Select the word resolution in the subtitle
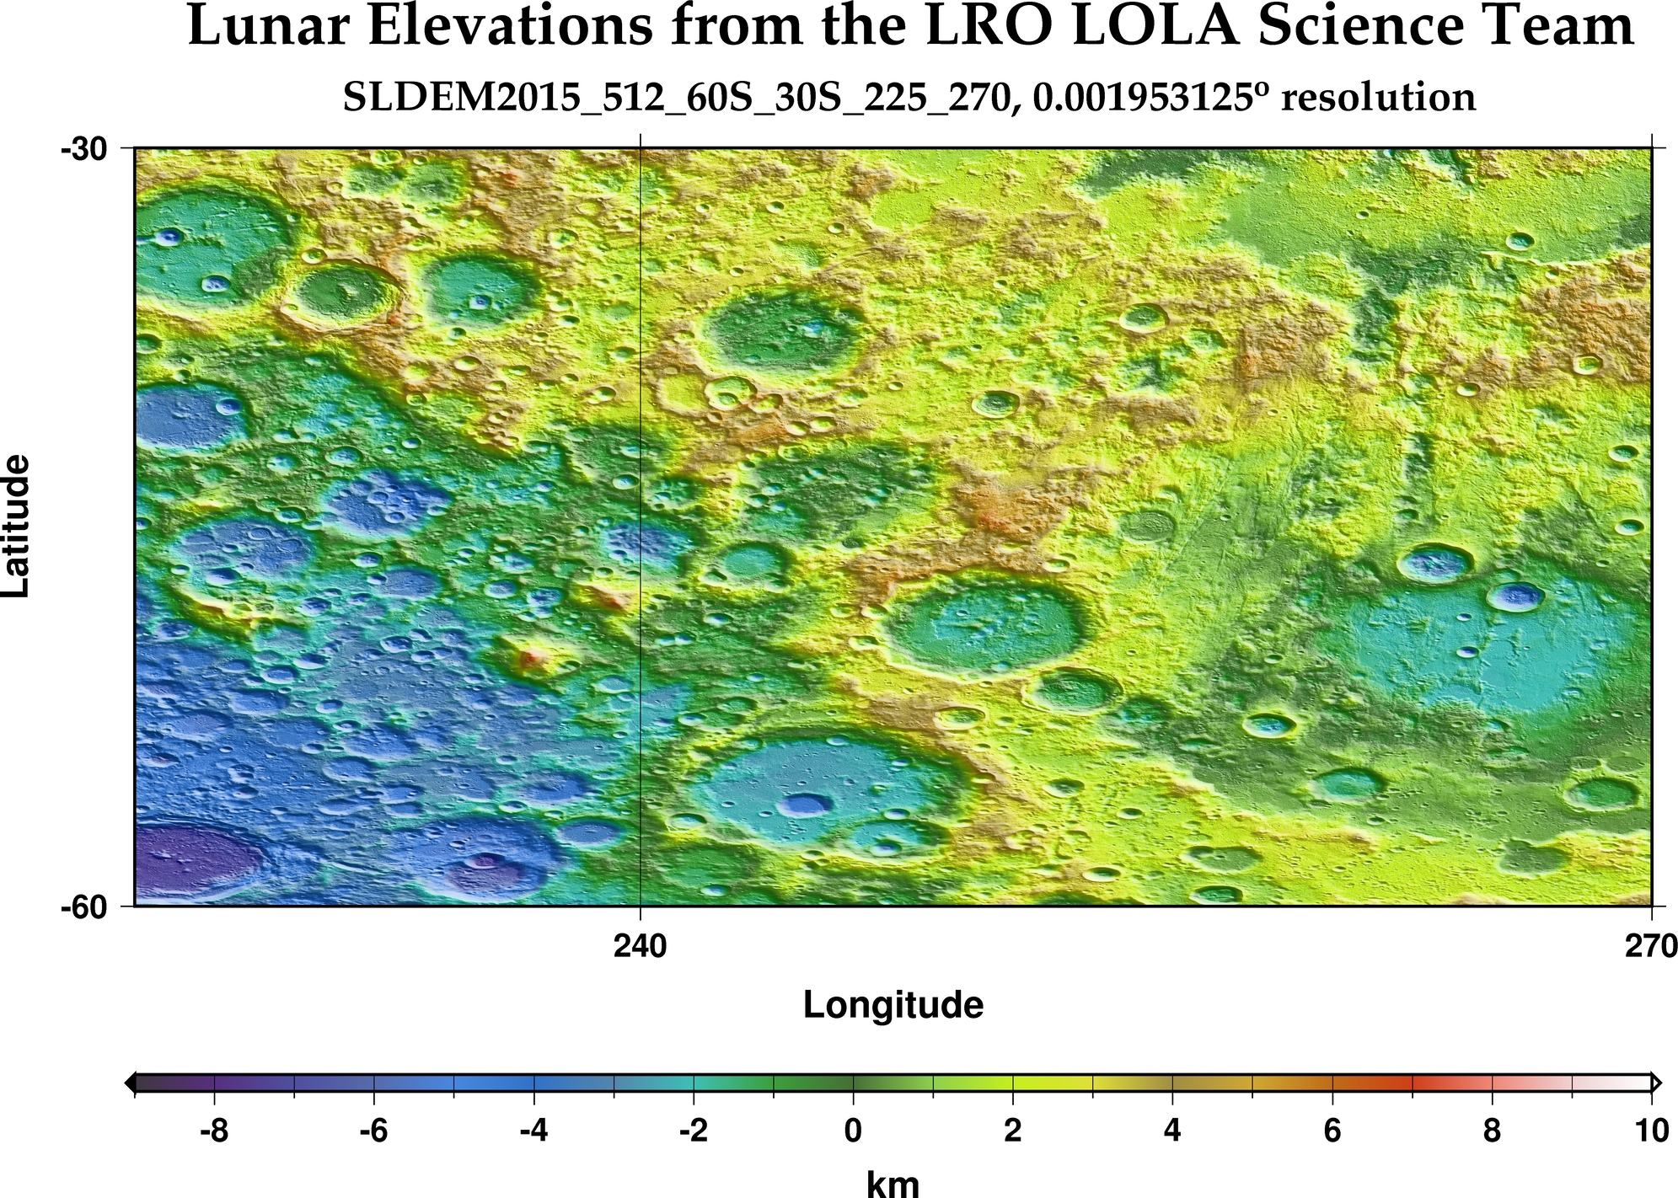point(1378,98)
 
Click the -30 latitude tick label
point(83,149)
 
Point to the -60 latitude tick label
point(83,907)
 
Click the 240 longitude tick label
point(641,947)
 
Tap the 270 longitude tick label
point(1650,947)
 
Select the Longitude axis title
point(893,1005)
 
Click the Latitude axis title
point(17,527)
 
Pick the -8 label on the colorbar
point(214,1130)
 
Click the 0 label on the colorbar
point(853,1130)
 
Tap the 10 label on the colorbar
point(1650,1130)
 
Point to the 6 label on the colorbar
point(1332,1130)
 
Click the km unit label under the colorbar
point(893,1183)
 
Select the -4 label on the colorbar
point(533,1130)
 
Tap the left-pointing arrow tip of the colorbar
point(129,1083)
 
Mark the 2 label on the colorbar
point(1013,1130)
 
